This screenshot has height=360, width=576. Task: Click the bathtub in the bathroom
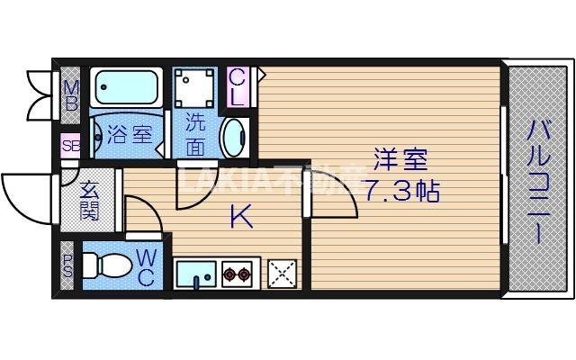click(x=125, y=89)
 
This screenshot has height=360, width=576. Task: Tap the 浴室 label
click(x=130, y=136)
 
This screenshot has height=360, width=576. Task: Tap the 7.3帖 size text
click(x=401, y=191)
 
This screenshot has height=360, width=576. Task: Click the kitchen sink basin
click(x=195, y=272)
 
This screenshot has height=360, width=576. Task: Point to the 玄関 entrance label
click(x=90, y=202)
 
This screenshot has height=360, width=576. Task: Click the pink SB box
click(x=70, y=145)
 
